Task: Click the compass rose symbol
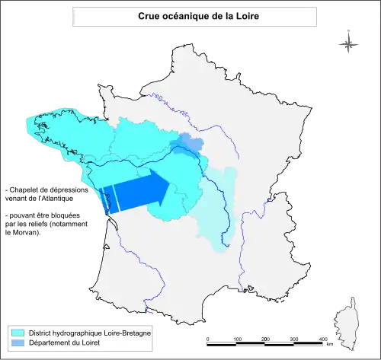[348, 43]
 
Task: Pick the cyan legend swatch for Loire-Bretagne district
[18, 333]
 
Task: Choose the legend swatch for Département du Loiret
[18, 344]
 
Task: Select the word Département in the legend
[52, 344]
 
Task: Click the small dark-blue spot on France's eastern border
[268, 201]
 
